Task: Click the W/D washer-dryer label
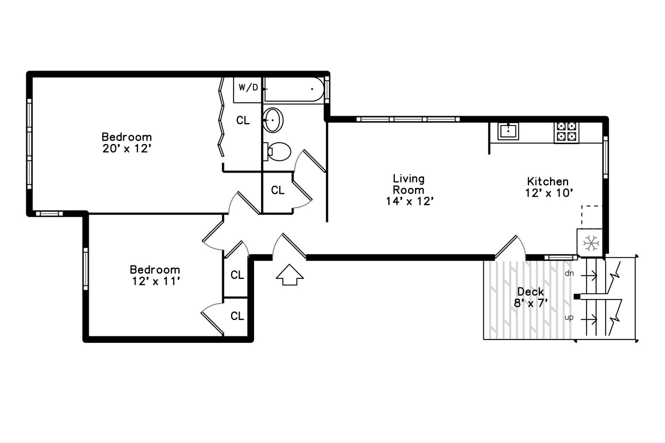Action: point(248,87)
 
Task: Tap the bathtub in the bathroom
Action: point(294,89)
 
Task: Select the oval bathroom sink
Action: point(273,120)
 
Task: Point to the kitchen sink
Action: point(508,131)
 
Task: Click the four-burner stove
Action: point(566,131)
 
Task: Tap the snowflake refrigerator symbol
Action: point(591,243)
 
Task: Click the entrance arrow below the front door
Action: point(289,275)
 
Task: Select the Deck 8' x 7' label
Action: point(530,297)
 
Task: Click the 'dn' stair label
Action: point(569,273)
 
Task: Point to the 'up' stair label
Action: point(569,317)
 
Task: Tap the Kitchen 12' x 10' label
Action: point(548,187)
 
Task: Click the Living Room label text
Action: point(409,184)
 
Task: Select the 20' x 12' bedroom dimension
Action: point(127,148)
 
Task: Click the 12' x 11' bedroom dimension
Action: point(156,281)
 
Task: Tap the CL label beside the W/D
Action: point(243,120)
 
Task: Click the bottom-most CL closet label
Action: point(237,316)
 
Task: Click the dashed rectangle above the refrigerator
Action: point(592,217)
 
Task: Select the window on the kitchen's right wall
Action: point(605,157)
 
